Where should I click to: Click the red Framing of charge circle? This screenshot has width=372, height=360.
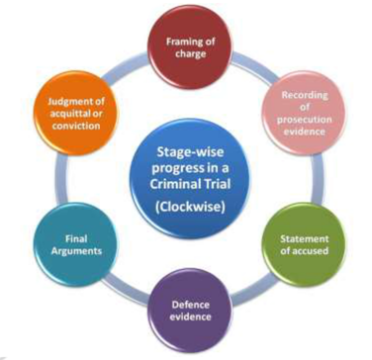click(x=187, y=45)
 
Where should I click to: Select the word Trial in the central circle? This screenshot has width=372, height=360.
click(x=219, y=188)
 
